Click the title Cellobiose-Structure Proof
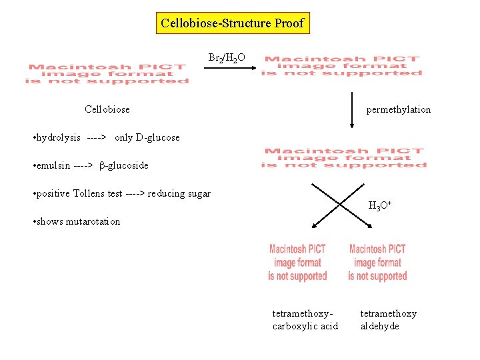pos(232,23)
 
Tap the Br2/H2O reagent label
pos(227,59)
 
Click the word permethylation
pos(398,109)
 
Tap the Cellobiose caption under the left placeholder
pos(107,109)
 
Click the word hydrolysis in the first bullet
pos(58,137)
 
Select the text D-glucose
pos(157,137)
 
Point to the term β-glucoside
pos(124,165)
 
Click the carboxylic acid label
pos(305,326)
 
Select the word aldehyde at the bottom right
pos(380,326)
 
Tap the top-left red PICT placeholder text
pos(107,73)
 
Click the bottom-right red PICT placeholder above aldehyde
pos(377,262)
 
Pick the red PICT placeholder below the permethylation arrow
pos(344,158)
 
